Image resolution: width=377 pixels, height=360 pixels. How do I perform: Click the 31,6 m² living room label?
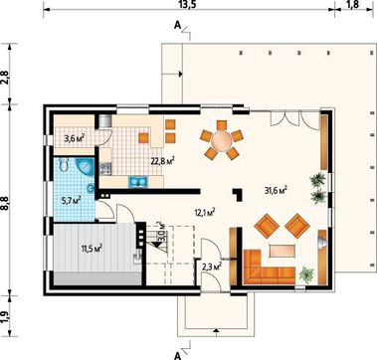point(276,190)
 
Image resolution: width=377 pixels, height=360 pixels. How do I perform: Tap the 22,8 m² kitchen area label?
point(163,161)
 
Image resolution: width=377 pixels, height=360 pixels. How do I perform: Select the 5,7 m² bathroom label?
point(71,200)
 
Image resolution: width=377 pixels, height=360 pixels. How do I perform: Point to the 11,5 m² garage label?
point(92,248)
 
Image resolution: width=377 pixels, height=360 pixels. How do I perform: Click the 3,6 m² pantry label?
point(74,138)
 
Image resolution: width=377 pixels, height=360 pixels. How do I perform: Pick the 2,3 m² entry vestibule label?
point(212,266)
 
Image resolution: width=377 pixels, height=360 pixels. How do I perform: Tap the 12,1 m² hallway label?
point(206,212)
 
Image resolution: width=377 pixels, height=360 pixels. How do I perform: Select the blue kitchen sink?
point(138,182)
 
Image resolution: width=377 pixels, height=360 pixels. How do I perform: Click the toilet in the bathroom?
point(64,164)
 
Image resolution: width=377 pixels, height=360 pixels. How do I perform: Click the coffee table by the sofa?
point(283,251)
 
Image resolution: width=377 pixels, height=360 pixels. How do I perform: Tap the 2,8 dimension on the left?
point(5,77)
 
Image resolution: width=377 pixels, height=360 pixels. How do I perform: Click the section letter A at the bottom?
point(177,356)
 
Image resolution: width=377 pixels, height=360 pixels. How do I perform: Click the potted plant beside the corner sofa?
point(306,274)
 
